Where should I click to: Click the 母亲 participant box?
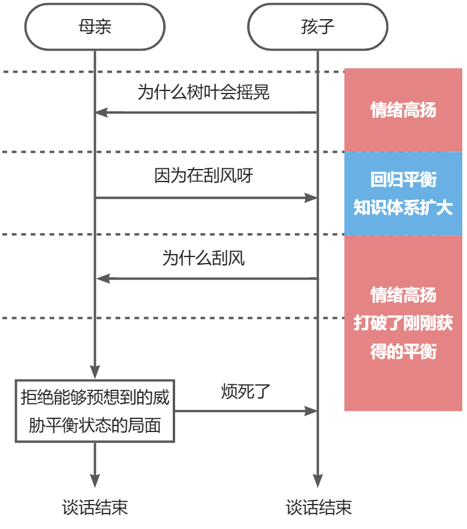click(95, 27)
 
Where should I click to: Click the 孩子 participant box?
click(317, 27)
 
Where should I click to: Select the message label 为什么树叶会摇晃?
click(204, 92)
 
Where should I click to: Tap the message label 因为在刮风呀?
click(204, 176)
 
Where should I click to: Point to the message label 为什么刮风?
click(204, 258)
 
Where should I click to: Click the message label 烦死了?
click(245, 391)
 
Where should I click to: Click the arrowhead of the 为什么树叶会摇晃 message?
click(102, 112)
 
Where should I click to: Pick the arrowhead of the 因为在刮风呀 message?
click(310, 198)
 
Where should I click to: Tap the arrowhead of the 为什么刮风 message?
click(102, 278)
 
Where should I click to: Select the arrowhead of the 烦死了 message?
click(310, 411)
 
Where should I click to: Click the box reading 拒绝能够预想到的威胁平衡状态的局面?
click(95, 411)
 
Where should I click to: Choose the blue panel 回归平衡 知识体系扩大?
click(403, 193)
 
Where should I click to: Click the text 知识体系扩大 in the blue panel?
click(403, 208)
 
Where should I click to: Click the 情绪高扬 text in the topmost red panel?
click(403, 110)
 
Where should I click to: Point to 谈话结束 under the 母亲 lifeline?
click(95, 507)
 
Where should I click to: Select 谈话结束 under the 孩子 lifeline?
click(318, 507)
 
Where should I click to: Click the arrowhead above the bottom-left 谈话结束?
click(95, 481)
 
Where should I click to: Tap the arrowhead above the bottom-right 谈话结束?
click(317, 481)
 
